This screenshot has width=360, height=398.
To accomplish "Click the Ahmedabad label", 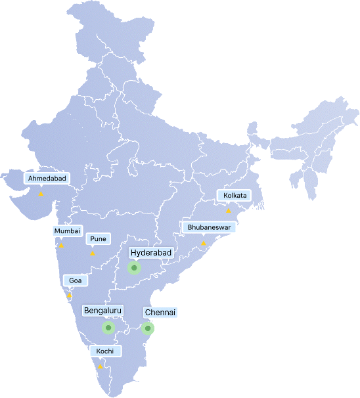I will click(x=46, y=178).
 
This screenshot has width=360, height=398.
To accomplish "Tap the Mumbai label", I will click(x=67, y=231).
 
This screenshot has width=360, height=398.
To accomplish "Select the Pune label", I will click(x=98, y=238).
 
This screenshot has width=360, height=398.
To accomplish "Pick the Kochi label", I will click(x=104, y=351).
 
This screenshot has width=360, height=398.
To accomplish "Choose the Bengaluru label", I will click(x=104, y=310).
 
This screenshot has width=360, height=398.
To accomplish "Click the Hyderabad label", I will click(x=151, y=252).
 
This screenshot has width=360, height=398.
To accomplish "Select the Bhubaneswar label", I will click(x=208, y=227).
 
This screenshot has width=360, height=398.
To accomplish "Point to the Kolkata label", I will click(x=235, y=196).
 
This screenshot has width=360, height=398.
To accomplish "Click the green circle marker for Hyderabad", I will click(x=134, y=268).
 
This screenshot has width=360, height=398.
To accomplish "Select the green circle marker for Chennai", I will click(x=148, y=328).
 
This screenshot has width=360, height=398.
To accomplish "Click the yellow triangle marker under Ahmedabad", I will click(x=41, y=194).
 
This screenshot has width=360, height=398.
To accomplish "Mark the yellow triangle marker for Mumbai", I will click(x=61, y=246).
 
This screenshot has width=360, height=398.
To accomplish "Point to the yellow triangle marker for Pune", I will click(x=93, y=254).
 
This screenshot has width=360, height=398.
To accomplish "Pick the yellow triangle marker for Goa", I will click(x=69, y=296).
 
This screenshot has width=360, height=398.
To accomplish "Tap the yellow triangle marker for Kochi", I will click(x=100, y=366).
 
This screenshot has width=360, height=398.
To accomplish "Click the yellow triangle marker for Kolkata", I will click(x=229, y=211).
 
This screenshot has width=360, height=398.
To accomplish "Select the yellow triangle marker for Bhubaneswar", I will click(x=204, y=243).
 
